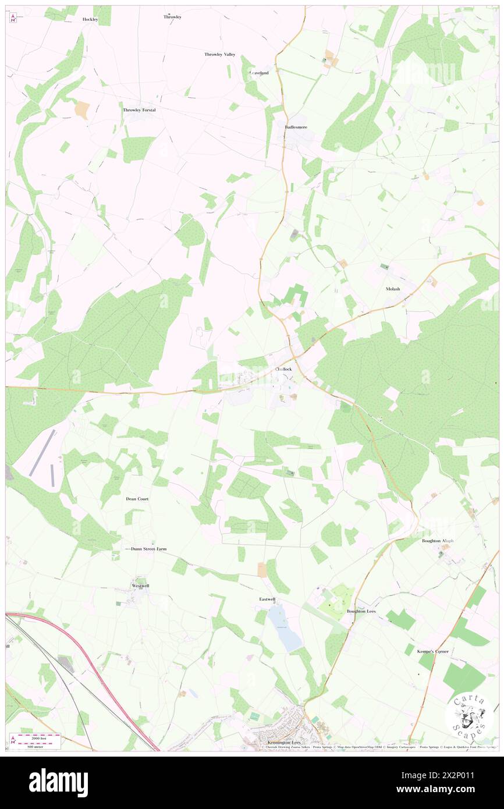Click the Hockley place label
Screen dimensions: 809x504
click(90, 19)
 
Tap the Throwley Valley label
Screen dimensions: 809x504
click(220, 54)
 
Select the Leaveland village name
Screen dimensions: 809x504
click(259, 73)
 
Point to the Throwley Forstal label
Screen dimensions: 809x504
click(139, 110)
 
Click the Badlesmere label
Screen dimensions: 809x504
click(296, 126)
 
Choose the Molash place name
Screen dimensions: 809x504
click(393, 289)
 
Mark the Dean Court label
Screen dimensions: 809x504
click(137, 499)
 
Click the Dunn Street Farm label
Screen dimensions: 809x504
click(148, 549)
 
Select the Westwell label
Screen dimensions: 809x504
click(141, 585)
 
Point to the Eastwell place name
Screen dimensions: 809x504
click(267, 599)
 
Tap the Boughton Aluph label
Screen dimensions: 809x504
click(437, 541)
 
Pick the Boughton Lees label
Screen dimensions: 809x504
click(361, 611)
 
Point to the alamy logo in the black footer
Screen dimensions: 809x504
click(58, 782)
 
